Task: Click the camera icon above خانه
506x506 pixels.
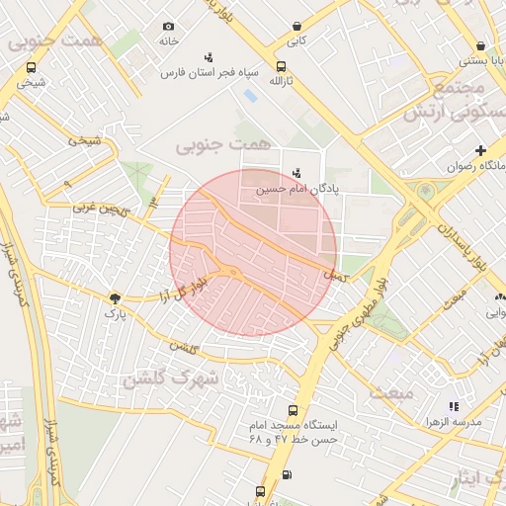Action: [168, 26]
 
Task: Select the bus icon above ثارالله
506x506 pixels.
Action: [282, 66]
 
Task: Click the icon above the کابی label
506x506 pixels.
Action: [296, 27]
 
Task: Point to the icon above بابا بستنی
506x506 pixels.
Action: [480, 45]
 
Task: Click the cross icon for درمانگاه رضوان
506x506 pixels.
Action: [480, 150]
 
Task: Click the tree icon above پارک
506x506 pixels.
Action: [116, 296]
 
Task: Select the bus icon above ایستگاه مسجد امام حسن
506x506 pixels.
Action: [291, 410]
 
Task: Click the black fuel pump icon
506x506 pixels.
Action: [287, 474]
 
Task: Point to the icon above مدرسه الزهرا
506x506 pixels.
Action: [453, 406]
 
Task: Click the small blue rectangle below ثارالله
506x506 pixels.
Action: [249, 96]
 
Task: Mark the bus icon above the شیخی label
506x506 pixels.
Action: [32, 68]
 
